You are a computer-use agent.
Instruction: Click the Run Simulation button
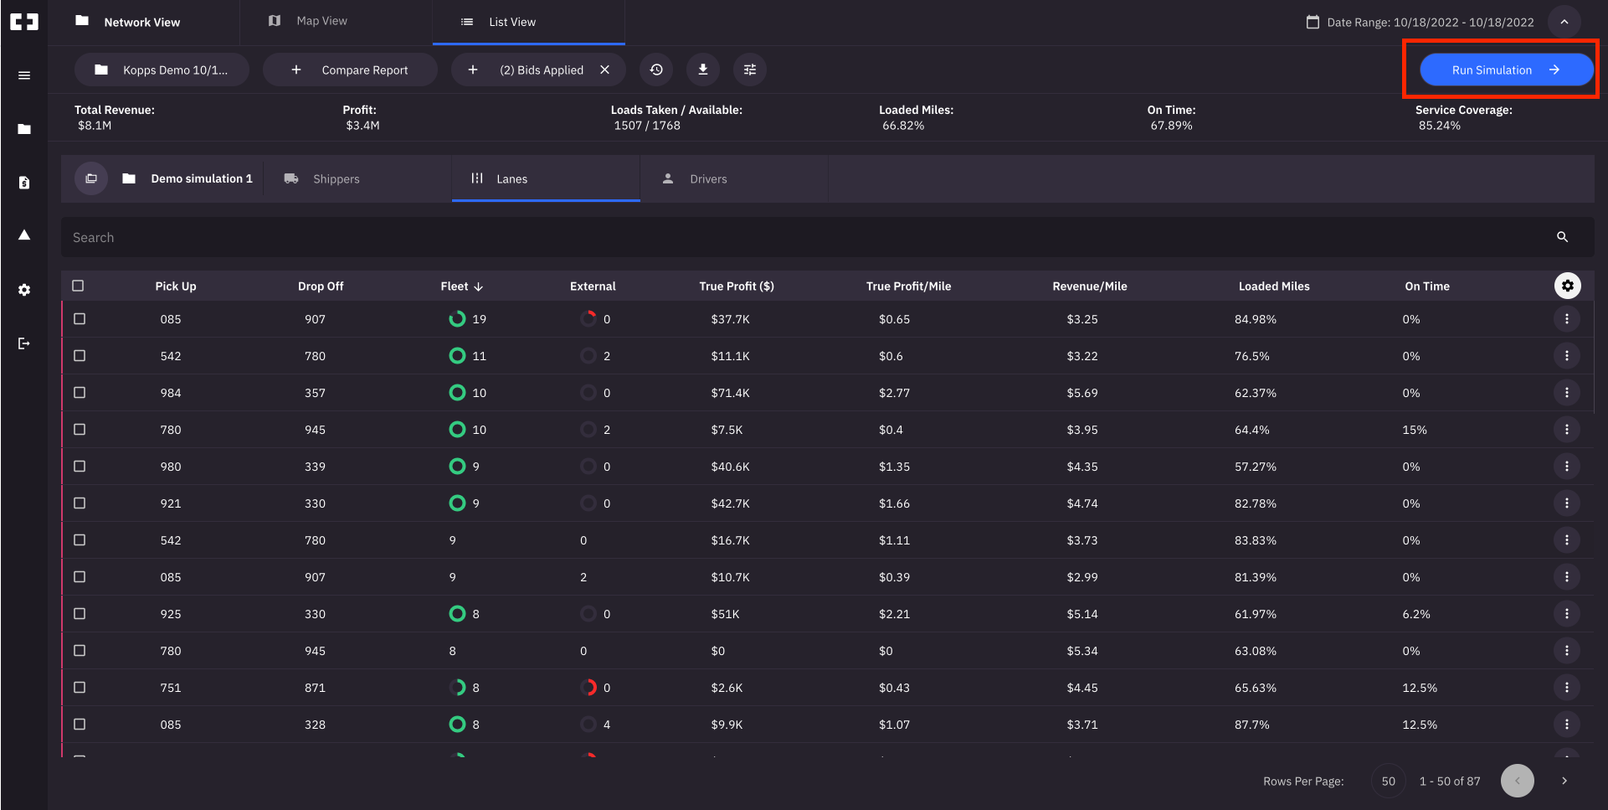[x=1505, y=70]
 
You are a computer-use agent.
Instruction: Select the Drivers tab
[x=707, y=178]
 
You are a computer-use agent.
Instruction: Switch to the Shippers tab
[x=335, y=178]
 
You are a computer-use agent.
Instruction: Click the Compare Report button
[x=351, y=70]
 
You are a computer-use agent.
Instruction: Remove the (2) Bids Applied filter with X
[x=604, y=70]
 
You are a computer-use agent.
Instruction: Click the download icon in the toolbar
[x=703, y=70]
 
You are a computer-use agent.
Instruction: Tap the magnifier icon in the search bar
[x=1562, y=237]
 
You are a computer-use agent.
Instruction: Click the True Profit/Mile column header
[x=908, y=286]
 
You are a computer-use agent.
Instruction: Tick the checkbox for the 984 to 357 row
[x=80, y=392]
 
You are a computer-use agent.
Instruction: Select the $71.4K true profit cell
[x=730, y=393]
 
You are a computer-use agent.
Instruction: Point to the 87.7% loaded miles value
[x=1251, y=725]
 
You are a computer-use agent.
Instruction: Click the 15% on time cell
[x=1414, y=430]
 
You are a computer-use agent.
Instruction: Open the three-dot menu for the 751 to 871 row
[x=1566, y=687]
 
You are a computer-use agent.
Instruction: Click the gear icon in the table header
[x=1567, y=286]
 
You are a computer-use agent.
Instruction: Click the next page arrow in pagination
[x=1564, y=781]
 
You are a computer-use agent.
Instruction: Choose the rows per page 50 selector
[x=1388, y=781]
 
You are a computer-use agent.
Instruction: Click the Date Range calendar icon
[x=1313, y=22]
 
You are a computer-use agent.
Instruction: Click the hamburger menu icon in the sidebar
[x=24, y=75]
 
